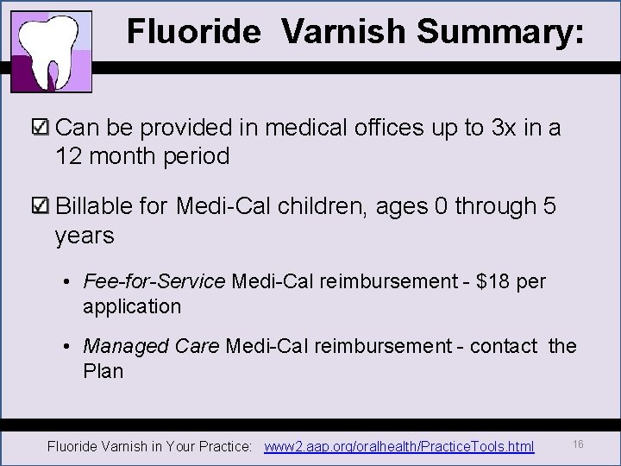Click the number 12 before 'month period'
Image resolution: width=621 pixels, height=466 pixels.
pos(69,156)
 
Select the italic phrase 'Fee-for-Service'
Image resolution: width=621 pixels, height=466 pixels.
pos(154,281)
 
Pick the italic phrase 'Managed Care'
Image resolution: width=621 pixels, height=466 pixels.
pos(152,346)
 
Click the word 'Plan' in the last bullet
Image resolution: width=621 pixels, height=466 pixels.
pos(103,371)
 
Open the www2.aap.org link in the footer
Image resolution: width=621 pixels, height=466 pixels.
pos(399,447)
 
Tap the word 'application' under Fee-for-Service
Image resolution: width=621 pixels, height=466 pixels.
pos(132,306)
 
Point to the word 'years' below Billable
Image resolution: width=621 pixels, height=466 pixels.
pos(85,235)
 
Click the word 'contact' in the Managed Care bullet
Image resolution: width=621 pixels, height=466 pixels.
pos(504,346)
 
